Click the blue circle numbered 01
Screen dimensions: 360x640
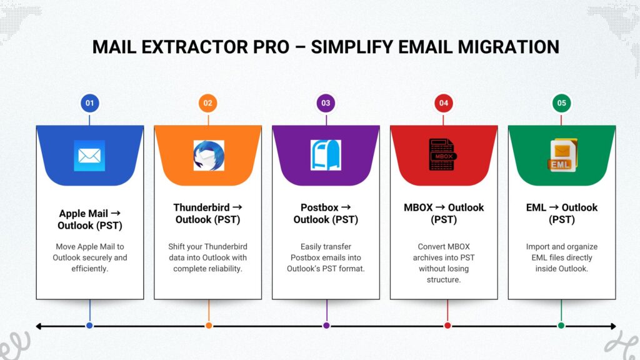tap(89, 103)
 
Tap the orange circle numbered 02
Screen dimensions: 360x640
tap(208, 103)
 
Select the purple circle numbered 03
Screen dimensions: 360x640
tap(326, 103)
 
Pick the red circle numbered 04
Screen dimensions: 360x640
tap(444, 103)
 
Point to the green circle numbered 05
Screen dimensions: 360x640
tap(561, 103)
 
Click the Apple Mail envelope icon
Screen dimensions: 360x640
tap(89, 156)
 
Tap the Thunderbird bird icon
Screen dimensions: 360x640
tap(208, 156)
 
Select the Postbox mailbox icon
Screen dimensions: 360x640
tap(326, 156)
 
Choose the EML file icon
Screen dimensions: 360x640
tap(561, 155)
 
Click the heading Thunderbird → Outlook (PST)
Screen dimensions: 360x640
tap(208, 213)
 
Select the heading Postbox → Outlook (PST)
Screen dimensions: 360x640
tap(326, 213)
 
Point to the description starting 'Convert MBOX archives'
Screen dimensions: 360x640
tap(444, 263)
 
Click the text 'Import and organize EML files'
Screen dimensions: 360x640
tap(561, 257)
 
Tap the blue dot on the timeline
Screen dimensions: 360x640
tap(89, 326)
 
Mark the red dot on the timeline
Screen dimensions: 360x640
tap(447, 326)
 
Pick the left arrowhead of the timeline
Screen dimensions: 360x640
tap(39, 326)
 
